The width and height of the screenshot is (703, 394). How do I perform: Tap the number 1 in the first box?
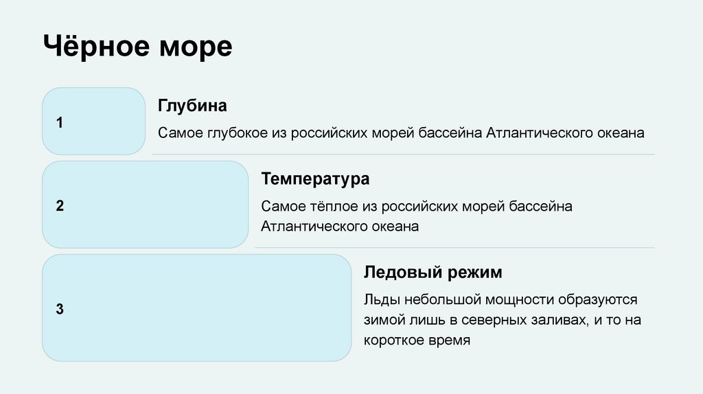(60, 123)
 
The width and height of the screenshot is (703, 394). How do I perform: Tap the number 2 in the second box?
(60, 205)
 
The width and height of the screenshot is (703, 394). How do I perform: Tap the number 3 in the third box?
(60, 309)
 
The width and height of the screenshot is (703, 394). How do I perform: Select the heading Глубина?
(192, 106)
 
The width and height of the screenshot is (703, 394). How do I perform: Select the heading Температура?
(315, 179)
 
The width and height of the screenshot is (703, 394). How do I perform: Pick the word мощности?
(519, 300)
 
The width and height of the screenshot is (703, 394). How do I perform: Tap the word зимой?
(385, 320)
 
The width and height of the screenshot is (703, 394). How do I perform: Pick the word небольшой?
(442, 300)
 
